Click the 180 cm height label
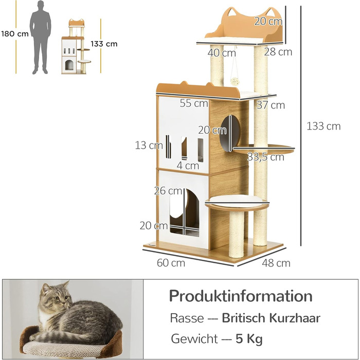15,34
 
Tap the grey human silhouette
41,38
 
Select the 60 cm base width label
171,263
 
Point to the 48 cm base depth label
276,263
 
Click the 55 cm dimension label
194,103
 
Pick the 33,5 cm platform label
266,157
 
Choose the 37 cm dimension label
271,105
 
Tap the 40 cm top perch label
222,53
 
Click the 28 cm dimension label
278,52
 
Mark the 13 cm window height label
149,146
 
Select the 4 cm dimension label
188,166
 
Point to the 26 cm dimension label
168,191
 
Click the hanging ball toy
235,81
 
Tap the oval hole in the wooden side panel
229,133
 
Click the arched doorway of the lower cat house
184,212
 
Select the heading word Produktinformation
241,296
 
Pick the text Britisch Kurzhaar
271,318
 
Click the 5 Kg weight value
249,339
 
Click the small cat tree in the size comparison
76,46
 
